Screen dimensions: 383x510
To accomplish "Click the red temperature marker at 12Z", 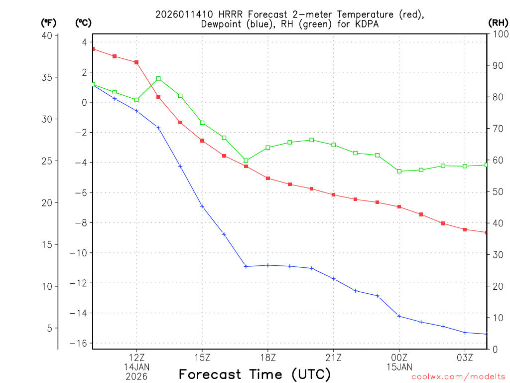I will click(136, 62).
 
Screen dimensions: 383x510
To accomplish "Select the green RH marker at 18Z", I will click(268, 148).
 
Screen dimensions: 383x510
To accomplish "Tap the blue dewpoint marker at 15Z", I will click(202, 206).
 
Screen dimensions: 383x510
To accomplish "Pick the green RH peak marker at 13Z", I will click(158, 78).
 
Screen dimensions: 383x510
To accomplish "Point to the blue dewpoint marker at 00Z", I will click(399, 316).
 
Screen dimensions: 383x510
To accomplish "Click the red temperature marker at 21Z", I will click(333, 195).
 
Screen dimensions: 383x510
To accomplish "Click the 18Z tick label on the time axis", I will click(268, 357).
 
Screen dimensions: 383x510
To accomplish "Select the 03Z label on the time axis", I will click(465, 357).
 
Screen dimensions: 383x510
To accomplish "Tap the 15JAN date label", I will click(399, 367).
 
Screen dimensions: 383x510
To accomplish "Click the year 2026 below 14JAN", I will click(136, 377).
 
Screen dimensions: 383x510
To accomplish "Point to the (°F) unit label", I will click(49, 23).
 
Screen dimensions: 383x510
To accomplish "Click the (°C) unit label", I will click(84, 23).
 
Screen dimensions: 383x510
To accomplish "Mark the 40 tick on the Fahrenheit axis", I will click(47, 35).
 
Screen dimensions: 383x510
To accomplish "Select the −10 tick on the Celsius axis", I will click(79, 253).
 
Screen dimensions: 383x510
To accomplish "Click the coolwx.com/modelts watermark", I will click(458, 377).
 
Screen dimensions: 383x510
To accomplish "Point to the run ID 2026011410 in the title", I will click(180, 14).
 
